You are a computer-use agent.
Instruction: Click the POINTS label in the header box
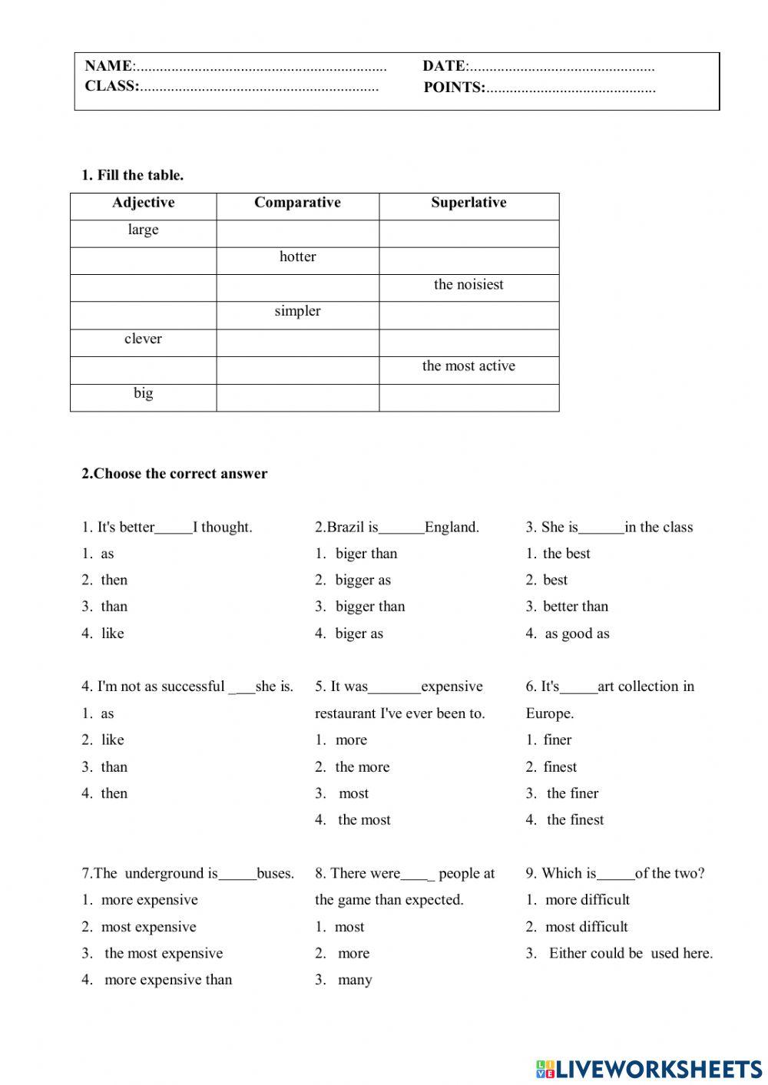point(454,88)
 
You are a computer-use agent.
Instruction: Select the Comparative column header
point(297,203)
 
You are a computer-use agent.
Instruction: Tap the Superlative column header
point(468,203)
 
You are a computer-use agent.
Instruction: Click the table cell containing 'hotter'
point(297,257)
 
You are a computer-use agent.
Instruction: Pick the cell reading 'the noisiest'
point(468,285)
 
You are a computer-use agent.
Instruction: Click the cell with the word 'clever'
point(143,339)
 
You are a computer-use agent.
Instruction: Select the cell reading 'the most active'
point(468,366)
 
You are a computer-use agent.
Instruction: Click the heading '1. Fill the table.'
point(133,175)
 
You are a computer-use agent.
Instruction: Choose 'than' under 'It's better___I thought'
point(114,607)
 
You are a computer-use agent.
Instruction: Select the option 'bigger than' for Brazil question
point(369,607)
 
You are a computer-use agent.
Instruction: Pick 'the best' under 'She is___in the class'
point(566,554)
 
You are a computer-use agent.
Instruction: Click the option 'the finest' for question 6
point(574,820)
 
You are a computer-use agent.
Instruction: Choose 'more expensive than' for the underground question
point(167,980)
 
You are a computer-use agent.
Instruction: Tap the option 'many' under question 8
point(354,980)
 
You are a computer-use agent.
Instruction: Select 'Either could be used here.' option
point(630,954)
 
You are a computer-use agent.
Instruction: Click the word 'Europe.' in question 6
point(550,713)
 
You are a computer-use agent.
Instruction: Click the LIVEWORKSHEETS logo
point(649,1068)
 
